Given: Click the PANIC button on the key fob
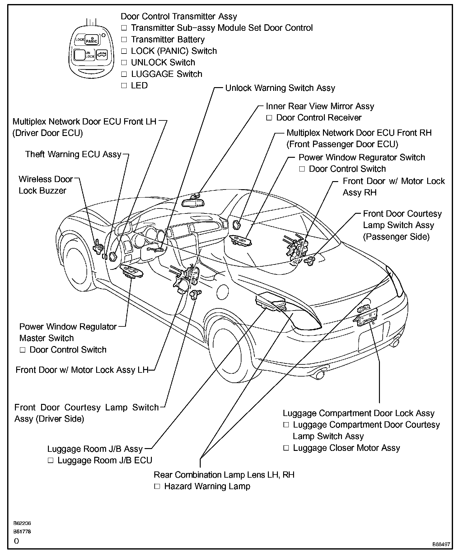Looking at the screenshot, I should pyautogui.click(x=91, y=40).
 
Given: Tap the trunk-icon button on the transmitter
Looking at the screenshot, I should pyautogui.click(x=101, y=55).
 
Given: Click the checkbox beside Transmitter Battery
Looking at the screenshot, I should pyautogui.click(x=124, y=40).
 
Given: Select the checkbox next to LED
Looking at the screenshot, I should pyautogui.click(x=124, y=86).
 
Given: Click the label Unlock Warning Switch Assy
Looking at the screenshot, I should pyautogui.click(x=280, y=88).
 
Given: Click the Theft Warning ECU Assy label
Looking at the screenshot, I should pyautogui.click(x=73, y=154).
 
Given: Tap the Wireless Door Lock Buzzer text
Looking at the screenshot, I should pyautogui.click(x=45, y=185).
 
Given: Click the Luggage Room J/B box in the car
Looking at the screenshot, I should pyautogui.click(x=269, y=301).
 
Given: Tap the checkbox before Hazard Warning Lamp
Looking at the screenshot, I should pyautogui.click(x=157, y=486).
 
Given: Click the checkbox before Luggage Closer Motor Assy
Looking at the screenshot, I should pyautogui.click(x=286, y=448).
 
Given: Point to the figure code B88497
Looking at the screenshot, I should pyautogui.click(x=441, y=545).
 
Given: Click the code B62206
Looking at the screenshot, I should pyautogui.click(x=22, y=523).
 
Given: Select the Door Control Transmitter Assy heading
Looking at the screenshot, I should pyautogui.click(x=179, y=16).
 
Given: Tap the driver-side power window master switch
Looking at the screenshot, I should pyautogui.click(x=132, y=272).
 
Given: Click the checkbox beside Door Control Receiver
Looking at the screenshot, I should pyautogui.click(x=269, y=118).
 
